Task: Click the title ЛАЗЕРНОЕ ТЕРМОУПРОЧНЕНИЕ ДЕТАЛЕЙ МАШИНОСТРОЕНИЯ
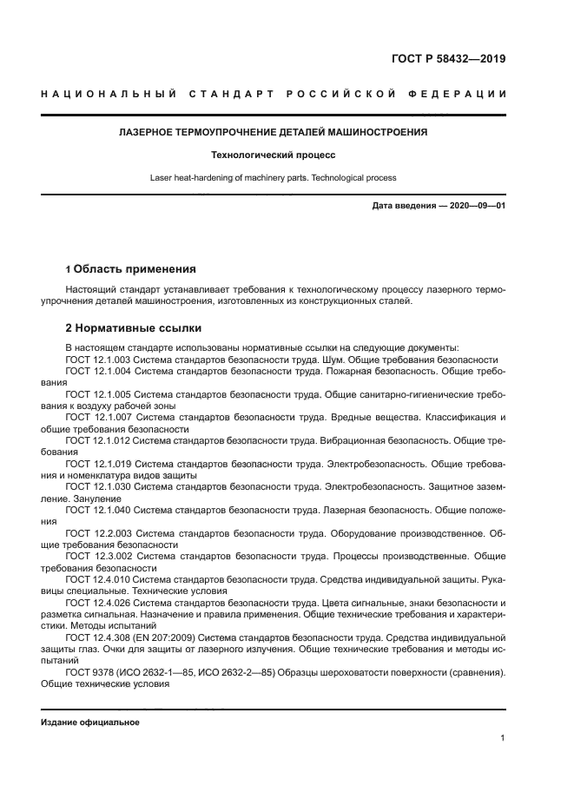(273, 132)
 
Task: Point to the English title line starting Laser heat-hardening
(273, 177)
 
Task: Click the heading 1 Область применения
(130, 268)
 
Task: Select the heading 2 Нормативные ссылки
(134, 328)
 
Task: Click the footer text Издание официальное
(89, 723)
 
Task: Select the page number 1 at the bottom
(502, 738)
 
